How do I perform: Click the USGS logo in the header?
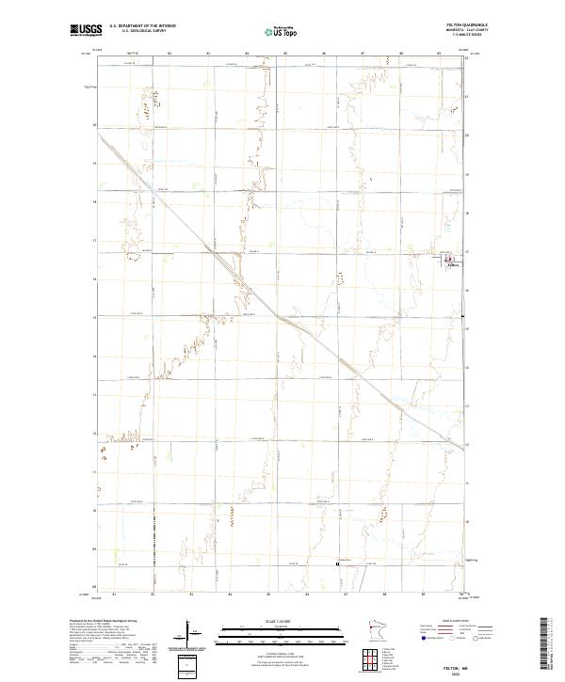click(x=86, y=30)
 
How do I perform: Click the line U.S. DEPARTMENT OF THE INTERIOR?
click(x=142, y=26)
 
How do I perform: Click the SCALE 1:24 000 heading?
click(x=282, y=620)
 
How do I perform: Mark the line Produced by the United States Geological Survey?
click(x=100, y=621)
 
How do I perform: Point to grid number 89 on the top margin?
click(x=439, y=55)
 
